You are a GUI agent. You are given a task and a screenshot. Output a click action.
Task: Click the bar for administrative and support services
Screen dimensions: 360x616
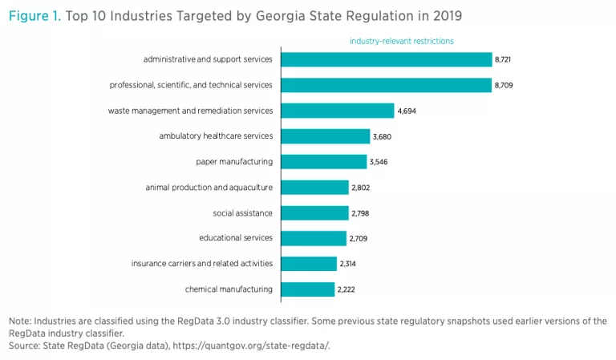click(x=386, y=59)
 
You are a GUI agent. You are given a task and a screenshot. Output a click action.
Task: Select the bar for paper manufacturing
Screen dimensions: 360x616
click(x=323, y=161)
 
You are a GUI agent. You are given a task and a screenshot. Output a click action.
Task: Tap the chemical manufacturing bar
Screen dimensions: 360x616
click(x=307, y=289)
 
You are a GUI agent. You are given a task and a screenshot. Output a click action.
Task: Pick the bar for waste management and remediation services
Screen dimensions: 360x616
click(x=337, y=111)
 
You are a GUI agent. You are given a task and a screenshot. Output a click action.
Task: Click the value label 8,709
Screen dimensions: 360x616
click(x=504, y=85)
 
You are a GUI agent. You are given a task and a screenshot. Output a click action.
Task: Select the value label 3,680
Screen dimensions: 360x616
click(x=381, y=136)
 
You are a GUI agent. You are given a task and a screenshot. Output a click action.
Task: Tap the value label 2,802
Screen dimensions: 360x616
click(x=360, y=187)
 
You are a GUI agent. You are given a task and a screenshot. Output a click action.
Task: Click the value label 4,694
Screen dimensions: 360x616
click(x=407, y=111)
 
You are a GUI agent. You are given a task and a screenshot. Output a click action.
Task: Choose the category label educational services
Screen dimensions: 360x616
click(x=236, y=238)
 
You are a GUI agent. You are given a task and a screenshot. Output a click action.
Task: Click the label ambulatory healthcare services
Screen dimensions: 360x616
click(x=216, y=136)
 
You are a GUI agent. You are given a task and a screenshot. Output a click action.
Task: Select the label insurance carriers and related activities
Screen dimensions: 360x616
click(x=202, y=264)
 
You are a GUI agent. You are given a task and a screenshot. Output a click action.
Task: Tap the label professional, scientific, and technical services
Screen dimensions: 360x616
click(x=191, y=85)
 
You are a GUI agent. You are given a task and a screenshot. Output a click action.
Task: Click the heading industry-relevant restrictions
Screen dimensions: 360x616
click(x=402, y=41)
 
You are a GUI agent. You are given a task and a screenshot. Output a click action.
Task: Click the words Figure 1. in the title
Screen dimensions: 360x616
click(x=34, y=16)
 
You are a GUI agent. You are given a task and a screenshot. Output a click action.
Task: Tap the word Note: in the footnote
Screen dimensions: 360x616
click(x=20, y=322)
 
